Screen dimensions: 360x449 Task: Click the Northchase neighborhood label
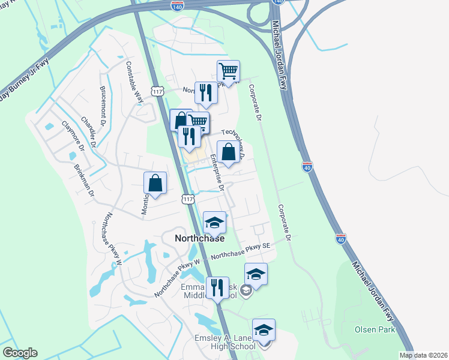199,238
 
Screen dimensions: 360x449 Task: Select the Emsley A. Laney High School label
225,341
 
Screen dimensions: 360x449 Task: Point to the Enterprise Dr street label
217,173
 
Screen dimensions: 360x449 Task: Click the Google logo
20,353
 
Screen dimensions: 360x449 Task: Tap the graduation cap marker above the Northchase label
214,223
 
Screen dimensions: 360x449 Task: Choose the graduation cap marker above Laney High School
264,330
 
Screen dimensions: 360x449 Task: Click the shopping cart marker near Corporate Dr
228,71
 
